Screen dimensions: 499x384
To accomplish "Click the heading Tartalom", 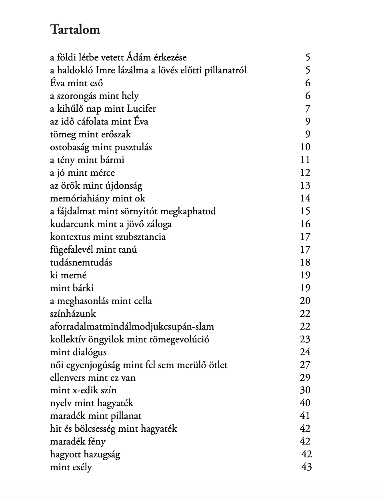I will coord(75,30).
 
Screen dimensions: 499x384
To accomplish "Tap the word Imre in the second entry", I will coord(106,70).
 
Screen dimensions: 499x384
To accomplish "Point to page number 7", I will coord(307,109).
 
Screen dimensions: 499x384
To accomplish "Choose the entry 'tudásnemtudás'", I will coord(81,262).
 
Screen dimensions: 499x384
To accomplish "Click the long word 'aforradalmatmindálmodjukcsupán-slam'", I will coord(132,326).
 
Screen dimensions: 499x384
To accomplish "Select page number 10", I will coord(305,147).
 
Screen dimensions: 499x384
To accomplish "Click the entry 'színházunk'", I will coord(73,314).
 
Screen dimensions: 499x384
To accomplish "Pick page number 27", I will coord(305,365).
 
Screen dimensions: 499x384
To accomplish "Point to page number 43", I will coord(306,467).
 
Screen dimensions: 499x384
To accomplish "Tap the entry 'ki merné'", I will coord(68,275).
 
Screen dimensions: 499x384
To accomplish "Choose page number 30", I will coord(305,390).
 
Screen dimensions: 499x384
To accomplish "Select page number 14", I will coord(305,198).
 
